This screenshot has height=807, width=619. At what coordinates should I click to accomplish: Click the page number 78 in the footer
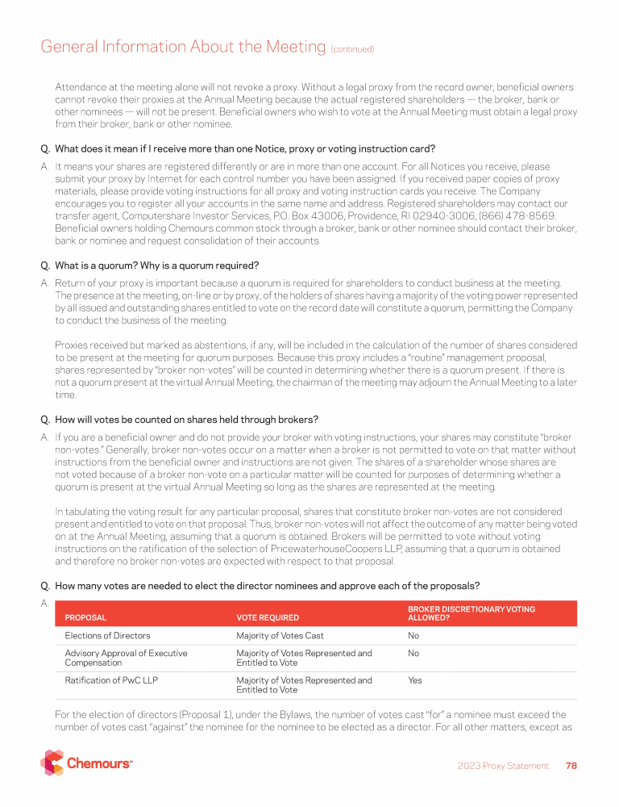tap(571, 766)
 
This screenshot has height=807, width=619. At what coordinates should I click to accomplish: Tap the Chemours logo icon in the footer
tap(52, 763)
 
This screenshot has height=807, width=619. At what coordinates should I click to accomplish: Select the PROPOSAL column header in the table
tap(85, 617)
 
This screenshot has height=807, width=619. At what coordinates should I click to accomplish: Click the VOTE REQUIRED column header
tap(268, 617)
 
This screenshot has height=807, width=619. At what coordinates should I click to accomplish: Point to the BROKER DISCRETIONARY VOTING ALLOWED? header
tap(471, 613)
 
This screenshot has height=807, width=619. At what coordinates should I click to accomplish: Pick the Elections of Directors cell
tap(107, 636)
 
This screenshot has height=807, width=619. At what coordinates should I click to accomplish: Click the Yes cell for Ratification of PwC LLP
tap(415, 680)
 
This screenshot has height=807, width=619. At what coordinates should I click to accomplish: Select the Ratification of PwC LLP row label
tap(111, 680)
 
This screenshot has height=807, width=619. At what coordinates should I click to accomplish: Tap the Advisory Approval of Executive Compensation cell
tap(126, 658)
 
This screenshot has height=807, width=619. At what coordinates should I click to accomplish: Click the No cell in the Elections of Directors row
tap(413, 636)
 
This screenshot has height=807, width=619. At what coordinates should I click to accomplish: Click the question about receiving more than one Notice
tap(244, 148)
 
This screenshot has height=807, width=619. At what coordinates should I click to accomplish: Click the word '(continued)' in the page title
tap(352, 49)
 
